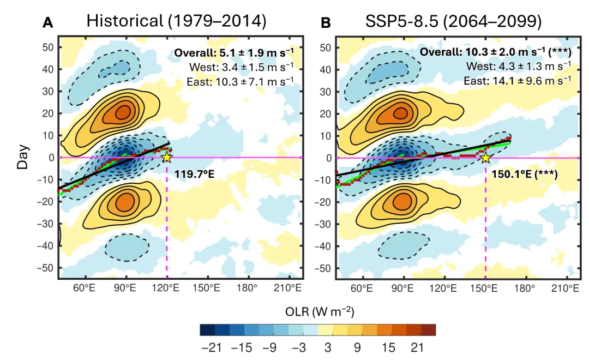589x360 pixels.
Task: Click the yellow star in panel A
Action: pos(166,157)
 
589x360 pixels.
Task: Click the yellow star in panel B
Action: pos(485,158)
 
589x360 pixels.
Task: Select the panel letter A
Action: pos(48,23)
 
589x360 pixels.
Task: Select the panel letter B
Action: pos(326,23)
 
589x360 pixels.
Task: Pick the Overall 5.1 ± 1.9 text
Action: pos(234,53)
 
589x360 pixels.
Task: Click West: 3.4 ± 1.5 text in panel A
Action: pos(242,67)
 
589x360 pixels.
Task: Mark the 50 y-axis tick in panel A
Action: pos(48,47)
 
